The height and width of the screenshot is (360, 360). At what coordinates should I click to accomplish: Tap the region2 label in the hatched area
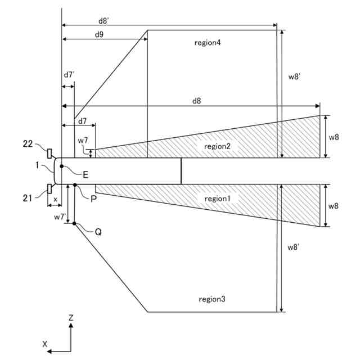[x=218, y=146]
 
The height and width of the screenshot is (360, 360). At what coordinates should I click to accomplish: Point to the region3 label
[x=213, y=299]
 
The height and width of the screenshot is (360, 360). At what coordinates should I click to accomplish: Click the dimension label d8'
[x=103, y=21]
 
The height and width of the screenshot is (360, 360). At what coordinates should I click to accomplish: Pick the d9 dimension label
[x=99, y=34]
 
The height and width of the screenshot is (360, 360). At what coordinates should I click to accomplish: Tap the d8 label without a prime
[x=196, y=101]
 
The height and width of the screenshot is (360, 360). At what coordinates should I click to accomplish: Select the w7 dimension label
[x=83, y=140]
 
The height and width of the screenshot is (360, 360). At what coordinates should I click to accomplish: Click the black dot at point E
[x=61, y=166]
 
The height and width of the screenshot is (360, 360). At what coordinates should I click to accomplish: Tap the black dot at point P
[x=75, y=184]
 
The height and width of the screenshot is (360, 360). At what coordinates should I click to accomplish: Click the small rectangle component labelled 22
[x=50, y=153]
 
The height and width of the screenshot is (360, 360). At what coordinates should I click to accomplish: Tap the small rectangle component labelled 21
[x=50, y=187]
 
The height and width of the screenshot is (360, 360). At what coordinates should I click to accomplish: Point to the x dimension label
[x=55, y=199]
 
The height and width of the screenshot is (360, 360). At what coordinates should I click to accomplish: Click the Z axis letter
[x=71, y=318]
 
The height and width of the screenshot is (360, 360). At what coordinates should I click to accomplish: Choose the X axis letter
[x=45, y=343]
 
